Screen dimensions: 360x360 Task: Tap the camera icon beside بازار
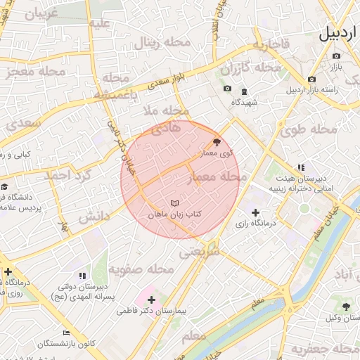(x=336, y=56)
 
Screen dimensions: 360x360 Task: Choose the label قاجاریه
(x=271, y=46)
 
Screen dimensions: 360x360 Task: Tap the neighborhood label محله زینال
(x=160, y=44)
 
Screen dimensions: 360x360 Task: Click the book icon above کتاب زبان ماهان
(x=174, y=202)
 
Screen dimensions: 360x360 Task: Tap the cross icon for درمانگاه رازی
(x=255, y=212)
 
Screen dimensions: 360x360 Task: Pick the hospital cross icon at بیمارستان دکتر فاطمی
(x=151, y=300)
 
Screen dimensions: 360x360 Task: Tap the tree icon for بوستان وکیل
(x=346, y=306)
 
